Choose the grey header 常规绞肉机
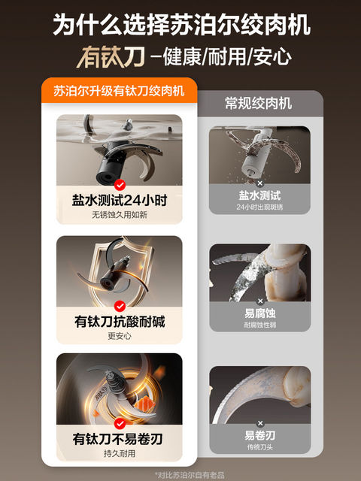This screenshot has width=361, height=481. (x=258, y=103)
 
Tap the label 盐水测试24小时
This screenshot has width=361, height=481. (x=120, y=200)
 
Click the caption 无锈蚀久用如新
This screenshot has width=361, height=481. (x=120, y=214)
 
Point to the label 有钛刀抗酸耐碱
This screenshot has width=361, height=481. (x=120, y=322)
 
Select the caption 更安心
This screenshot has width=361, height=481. (x=120, y=336)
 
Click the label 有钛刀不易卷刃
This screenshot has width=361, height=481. (x=120, y=439)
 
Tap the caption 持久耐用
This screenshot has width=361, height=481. (x=120, y=453)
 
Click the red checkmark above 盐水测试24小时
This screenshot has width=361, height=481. (x=120, y=184)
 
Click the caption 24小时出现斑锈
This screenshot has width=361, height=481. (x=259, y=207)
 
